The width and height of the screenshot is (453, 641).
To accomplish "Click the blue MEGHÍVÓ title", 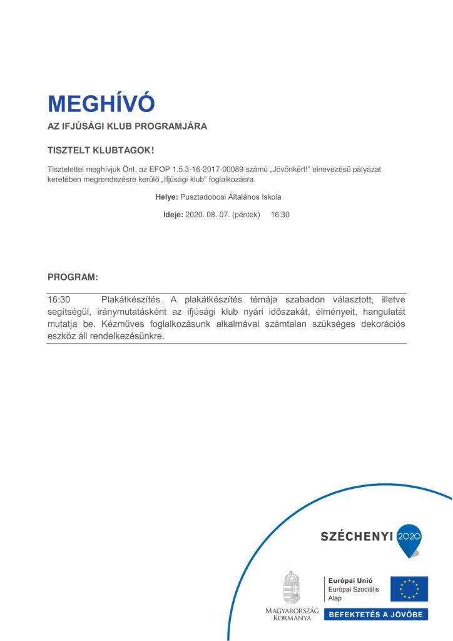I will (x=101, y=103).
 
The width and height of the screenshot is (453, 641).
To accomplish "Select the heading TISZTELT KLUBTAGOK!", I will (x=100, y=151).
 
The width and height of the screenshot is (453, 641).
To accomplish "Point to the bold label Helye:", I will (x=166, y=197).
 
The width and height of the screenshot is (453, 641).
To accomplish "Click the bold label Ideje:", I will (x=173, y=215).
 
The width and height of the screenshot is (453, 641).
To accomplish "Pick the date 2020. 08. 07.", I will (x=208, y=215).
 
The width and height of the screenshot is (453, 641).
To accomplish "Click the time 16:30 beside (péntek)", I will (x=280, y=215).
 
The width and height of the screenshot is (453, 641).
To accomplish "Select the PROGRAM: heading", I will (x=73, y=277).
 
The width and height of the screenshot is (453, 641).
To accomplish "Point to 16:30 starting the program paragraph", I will (x=58, y=300).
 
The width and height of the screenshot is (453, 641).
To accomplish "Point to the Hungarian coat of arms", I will (x=292, y=587).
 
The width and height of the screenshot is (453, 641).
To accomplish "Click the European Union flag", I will (x=409, y=589).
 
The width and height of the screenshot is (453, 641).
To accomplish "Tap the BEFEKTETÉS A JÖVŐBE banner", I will (x=375, y=614).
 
